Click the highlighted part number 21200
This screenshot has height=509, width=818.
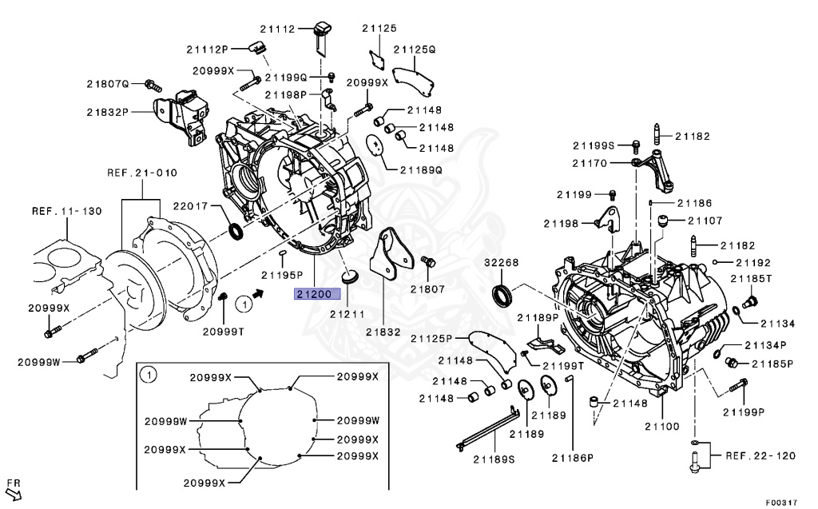pos(313,294)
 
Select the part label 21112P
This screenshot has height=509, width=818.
pos(208,50)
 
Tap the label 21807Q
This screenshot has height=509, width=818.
pos(108,84)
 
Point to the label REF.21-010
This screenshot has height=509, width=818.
pos(142,173)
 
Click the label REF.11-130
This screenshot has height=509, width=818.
pos(66,212)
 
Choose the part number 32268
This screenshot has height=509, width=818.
pos(501,263)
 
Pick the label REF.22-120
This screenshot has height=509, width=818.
pos(760,455)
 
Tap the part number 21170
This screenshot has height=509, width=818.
pos(590,163)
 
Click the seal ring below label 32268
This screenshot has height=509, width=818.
pos(503,294)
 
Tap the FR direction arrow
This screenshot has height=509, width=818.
pos(14,490)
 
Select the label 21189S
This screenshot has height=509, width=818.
pos(494,459)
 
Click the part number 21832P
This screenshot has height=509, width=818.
pos(108,113)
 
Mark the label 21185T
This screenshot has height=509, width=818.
pos(754,279)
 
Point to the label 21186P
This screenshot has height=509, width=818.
pos(572,457)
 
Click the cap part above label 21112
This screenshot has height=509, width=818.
pos(324,29)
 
